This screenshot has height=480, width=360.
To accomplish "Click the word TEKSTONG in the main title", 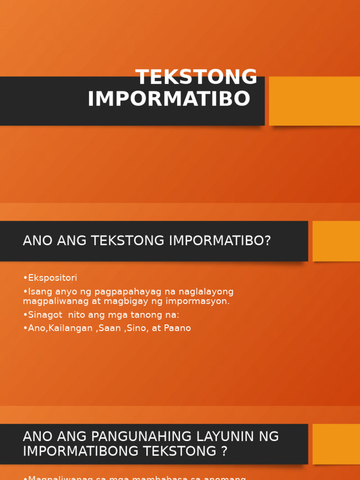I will [x=196, y=77].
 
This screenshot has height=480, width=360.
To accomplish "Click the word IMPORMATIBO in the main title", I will [x=169, y=99].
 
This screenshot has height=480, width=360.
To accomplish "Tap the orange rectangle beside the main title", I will [x=314, y=101].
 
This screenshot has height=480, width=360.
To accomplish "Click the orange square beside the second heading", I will [x=336, y=241].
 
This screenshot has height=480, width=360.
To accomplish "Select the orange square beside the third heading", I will [x=336, y=444].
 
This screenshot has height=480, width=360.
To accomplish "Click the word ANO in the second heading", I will [x=38, y=241].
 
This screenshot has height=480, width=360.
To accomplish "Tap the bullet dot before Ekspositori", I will [x=25, y=278].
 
